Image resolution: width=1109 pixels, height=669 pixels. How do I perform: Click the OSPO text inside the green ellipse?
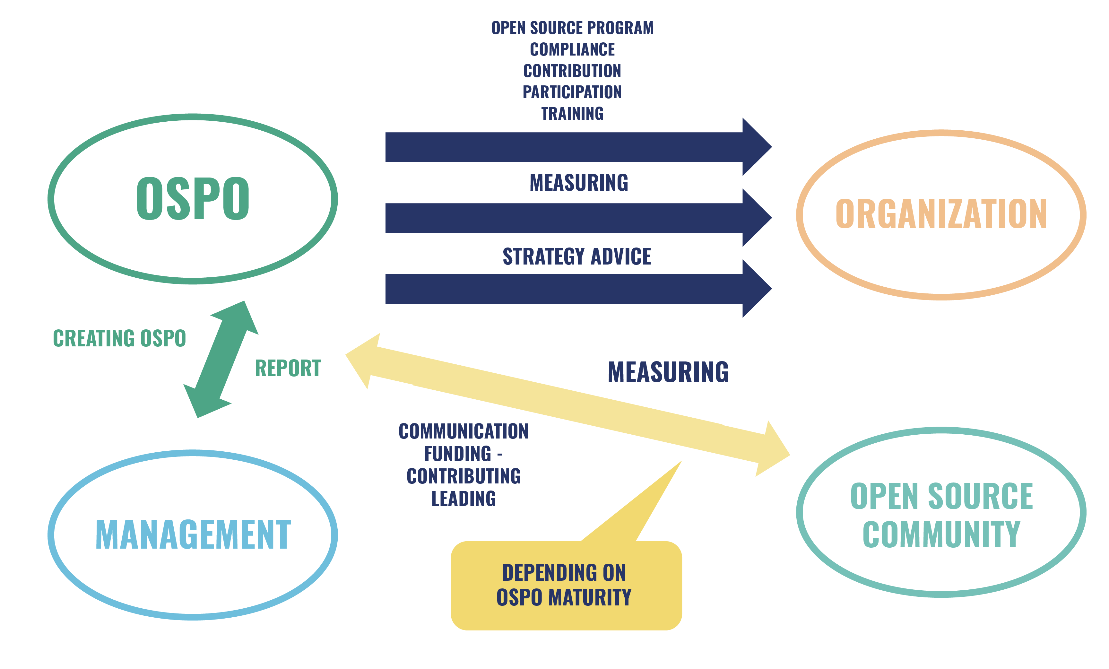coord(193,198)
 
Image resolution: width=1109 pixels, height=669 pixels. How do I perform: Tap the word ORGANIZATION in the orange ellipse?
coord(941,214)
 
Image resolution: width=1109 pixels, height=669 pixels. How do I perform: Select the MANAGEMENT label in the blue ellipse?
coord(193,535)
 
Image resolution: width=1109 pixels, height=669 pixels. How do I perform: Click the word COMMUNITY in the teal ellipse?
coord(941,535)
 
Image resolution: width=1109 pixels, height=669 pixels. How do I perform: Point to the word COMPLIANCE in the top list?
coord(572,49)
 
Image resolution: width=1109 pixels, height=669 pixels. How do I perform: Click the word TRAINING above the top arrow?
coord(572,113)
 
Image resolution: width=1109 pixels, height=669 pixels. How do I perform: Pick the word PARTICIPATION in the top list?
coord(572,92)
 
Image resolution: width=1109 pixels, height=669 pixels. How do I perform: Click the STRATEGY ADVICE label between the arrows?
coord(576,256)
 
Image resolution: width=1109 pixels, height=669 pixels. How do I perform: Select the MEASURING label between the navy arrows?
coord(578,183)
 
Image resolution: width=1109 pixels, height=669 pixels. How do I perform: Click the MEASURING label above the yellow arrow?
coord(668,372)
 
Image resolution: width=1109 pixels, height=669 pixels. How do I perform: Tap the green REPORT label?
coord(288,368)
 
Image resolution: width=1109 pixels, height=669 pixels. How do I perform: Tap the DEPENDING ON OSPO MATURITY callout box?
coord(566,585)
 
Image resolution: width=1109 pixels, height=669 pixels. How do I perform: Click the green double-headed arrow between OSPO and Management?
coord(221,359)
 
